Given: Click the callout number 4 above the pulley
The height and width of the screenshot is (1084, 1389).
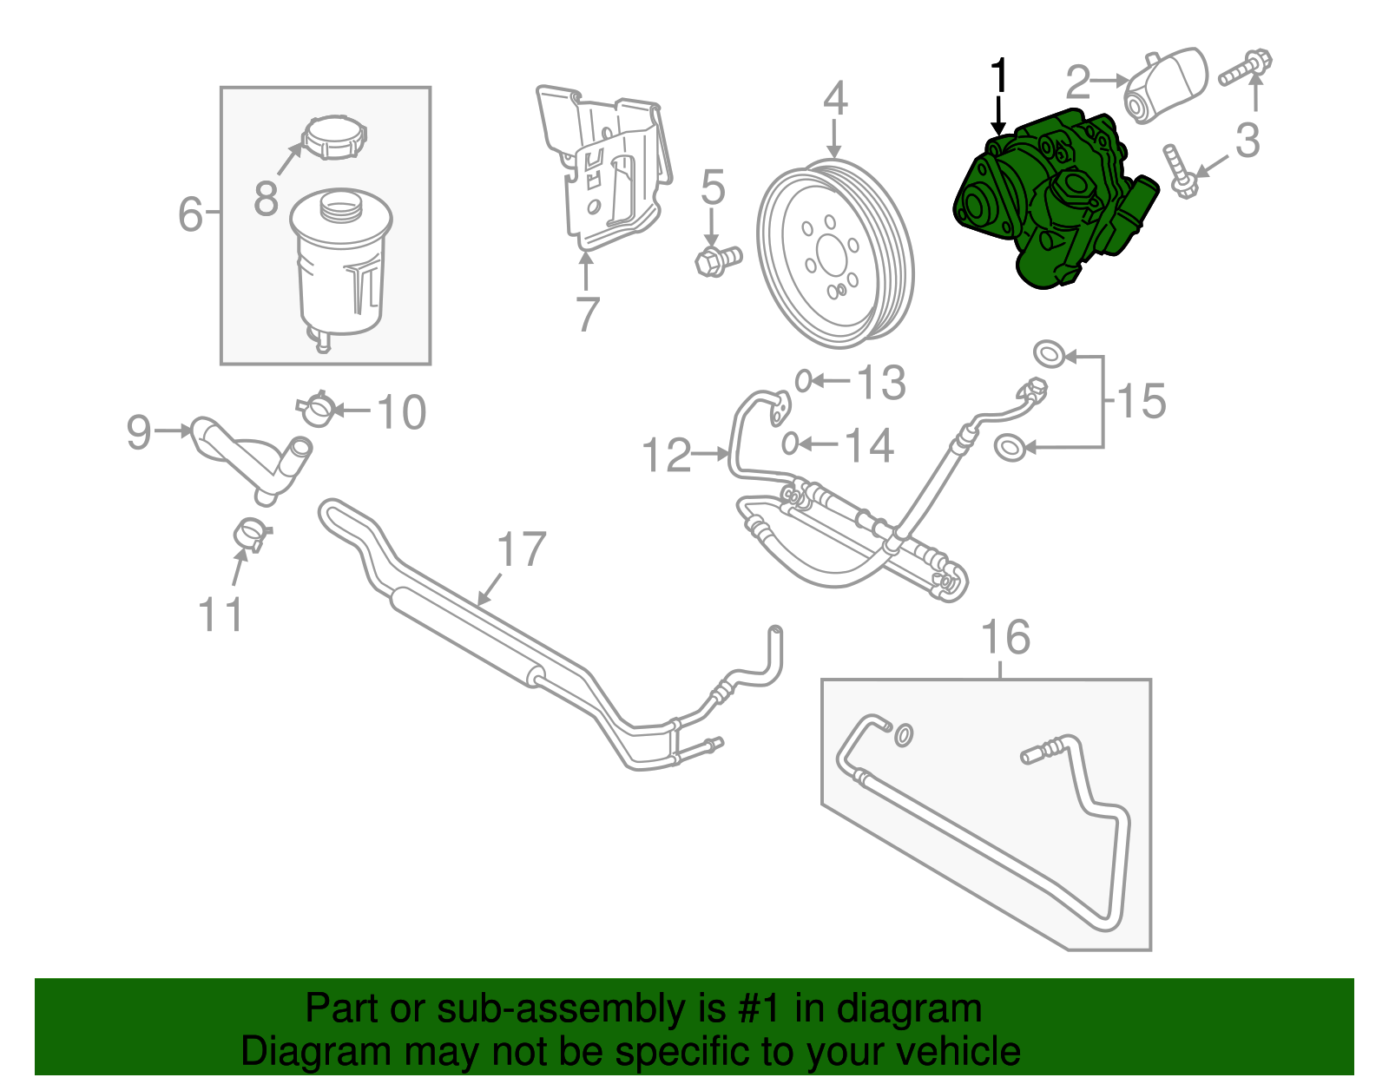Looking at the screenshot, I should (834, 99).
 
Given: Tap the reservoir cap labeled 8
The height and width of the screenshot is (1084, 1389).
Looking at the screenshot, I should (334, 137).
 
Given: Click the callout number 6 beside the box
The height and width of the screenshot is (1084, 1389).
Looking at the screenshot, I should (190, 214).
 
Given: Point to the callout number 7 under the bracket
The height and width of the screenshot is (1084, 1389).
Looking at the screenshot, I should (588, 314).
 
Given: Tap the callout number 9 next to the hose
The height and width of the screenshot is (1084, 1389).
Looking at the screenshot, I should (139, 431).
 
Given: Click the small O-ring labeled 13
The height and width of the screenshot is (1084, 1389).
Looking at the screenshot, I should (804, 380).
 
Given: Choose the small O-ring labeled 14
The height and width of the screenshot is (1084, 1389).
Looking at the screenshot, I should (789, 443).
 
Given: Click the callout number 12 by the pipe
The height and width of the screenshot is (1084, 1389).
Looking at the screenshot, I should (666, 456).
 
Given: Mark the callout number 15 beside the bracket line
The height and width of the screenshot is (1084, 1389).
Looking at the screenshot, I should (1141, 401).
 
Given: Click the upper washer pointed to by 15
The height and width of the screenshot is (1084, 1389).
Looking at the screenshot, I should (1050, 353).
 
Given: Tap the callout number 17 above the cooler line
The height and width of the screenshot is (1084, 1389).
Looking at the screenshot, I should (521, 550).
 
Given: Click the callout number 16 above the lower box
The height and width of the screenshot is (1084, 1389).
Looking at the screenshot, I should (1005, 637).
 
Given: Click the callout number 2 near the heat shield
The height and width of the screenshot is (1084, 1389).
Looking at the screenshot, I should (1077, 82).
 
